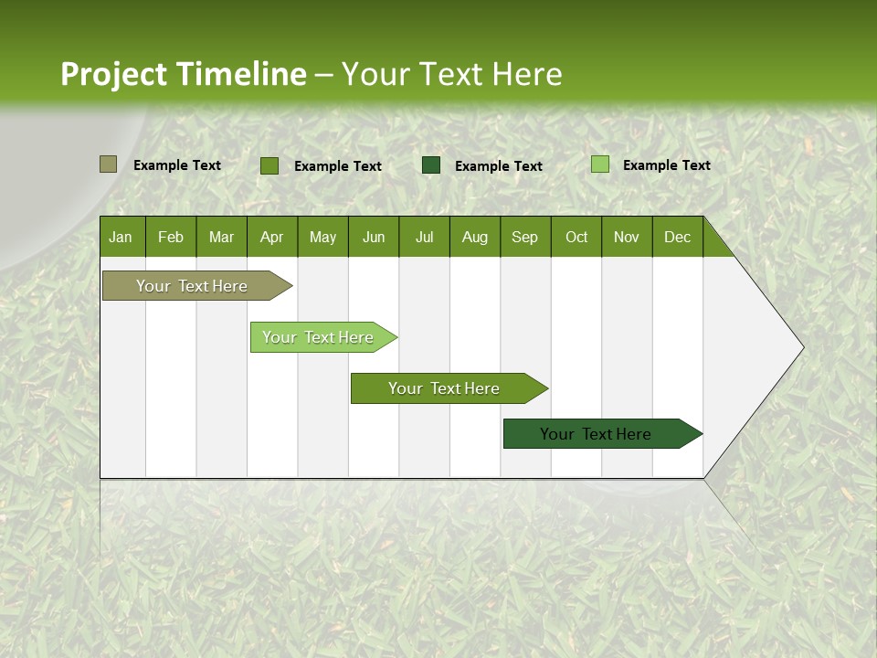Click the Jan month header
point(121,237)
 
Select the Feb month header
point(171,237)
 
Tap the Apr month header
point(271,237)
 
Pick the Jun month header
point(374,237)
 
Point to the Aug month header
point(474,237)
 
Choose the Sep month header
point(524,237)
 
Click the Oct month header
point(576,237)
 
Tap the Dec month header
point(677,237)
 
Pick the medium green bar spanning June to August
point(445,388)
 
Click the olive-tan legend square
point(108,164)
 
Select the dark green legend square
point(431,165)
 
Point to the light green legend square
point(599,164)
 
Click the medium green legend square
point(269,165)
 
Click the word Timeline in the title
point(241,74)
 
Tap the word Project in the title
point(114,74)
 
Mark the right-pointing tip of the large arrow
point(801,347)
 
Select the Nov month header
point(627,237)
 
